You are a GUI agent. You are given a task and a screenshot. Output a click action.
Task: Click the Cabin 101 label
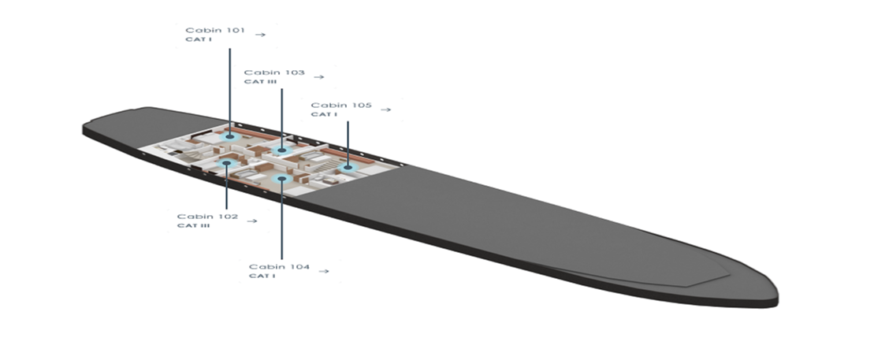[x=215, y=30]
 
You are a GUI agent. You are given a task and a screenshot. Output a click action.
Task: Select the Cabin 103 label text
[x=274, y=72]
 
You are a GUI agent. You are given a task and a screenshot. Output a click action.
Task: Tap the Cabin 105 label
[x=341, y=106]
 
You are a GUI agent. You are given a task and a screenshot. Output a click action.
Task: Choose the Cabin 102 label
[x=207, y=216]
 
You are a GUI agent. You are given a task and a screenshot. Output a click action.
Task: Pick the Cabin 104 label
[x=279, y=266]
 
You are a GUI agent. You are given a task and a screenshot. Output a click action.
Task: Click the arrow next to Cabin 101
[x=260, y=35]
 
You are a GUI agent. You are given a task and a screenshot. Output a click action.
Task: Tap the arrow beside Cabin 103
[x=319, y=77]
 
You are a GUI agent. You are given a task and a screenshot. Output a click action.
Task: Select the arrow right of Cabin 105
[x=385, y=109]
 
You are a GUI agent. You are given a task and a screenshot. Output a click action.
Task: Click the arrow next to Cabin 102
[x=252, y=221]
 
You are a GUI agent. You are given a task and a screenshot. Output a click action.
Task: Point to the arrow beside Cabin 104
[x=323, y=272]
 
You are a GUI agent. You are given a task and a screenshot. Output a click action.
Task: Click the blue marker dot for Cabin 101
[x=229, y=136]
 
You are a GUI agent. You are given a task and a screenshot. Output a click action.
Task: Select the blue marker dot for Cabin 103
[x=282, y=150]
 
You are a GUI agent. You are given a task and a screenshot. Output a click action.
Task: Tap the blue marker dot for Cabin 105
[x=348, y=167]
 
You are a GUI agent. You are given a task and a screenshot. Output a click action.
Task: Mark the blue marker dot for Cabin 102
[x=226, y=163]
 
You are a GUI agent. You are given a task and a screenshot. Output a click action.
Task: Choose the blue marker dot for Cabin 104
[x=282, y=179]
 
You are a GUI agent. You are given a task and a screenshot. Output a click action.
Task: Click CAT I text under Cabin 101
[x=199, y=39]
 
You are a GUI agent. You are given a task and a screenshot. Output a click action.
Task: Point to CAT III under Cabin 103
[x=260, y=82]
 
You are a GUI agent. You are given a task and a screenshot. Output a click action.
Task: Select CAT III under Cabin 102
[x=193, y=226]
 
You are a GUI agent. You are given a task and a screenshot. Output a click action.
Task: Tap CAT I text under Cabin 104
[x=262, y=276]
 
